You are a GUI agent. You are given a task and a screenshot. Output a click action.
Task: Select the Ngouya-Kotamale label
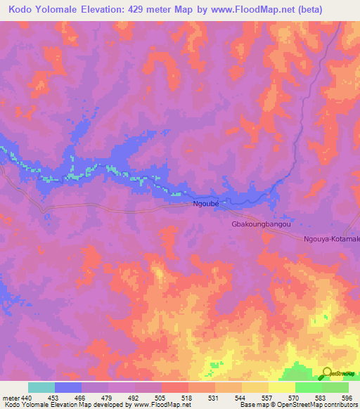331,240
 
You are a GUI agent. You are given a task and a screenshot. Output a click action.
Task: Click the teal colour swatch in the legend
41,387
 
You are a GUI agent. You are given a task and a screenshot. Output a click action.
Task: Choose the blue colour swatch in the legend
68,387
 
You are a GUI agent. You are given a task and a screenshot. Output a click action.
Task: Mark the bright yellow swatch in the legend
282,387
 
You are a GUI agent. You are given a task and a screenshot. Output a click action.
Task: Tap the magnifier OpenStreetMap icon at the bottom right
327,373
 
